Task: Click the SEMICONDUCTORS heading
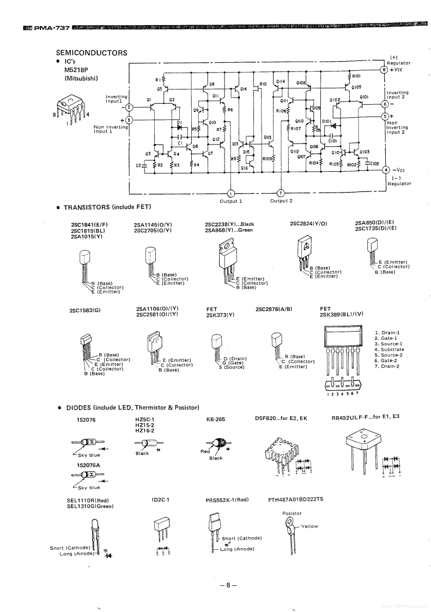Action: (92, 53)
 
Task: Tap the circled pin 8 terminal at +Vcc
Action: (384, 70)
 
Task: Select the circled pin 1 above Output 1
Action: (230, 193)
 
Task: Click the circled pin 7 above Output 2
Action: (281, 193)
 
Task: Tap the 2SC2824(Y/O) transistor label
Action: (308, 224)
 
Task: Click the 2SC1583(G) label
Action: (86, 310)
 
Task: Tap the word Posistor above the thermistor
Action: (292, 513)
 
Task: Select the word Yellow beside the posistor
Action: (309, 526)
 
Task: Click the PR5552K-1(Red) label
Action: (227, 499)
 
